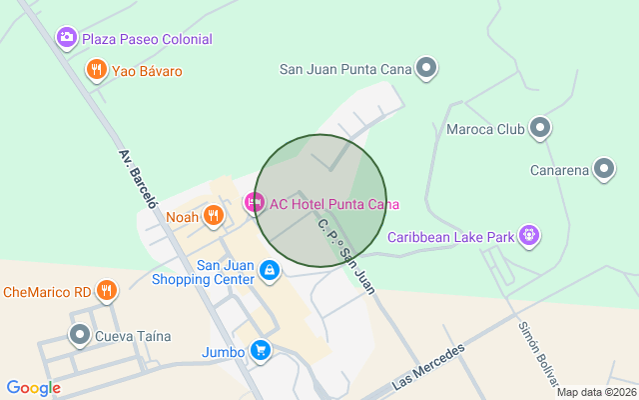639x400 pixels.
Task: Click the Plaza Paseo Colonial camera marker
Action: coord(67,38)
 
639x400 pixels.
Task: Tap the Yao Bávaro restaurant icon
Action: coord(96,70)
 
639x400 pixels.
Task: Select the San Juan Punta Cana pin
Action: coord(427,68)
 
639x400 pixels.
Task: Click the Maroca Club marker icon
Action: coord(540,128)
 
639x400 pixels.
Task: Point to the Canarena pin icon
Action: coord(604,169)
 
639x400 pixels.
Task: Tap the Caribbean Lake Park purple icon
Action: coord(529,236)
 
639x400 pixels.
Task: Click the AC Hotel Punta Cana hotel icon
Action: coord(254,203)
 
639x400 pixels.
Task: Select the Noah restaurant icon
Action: coord(213,216)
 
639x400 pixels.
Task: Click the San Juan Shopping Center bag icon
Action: coord(269,270)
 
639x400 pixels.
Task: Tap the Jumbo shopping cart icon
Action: coord(260,350)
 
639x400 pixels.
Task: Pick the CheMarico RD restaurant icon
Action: coord(107,291)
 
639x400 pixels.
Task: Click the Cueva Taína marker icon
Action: coord(79,335)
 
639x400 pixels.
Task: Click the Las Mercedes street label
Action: coord(429,367)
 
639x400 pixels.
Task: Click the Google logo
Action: coord(33,388)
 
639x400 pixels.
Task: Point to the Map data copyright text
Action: coord(595,392)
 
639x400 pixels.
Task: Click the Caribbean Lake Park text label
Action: coord(450,237)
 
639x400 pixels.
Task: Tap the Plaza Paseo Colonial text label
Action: coord(147,39)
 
